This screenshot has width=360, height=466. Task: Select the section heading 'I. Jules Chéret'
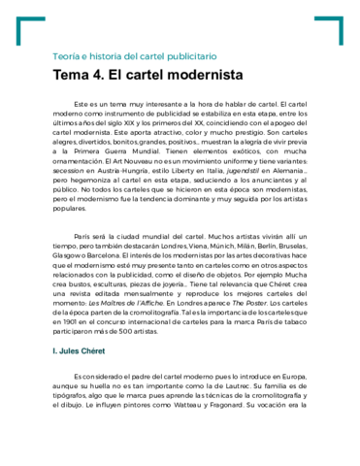pyautogui.click(x=85, y=372)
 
